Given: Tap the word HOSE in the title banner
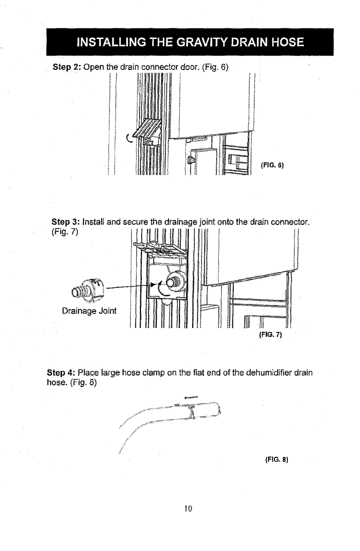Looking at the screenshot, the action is tap(284, 43).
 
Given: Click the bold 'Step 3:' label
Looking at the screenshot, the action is tap(66, 222).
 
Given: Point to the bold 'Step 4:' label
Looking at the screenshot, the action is tap(61, 373).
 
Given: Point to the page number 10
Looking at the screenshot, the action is tap(188, 508).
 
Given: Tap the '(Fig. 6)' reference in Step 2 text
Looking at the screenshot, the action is tap(215, 68).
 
